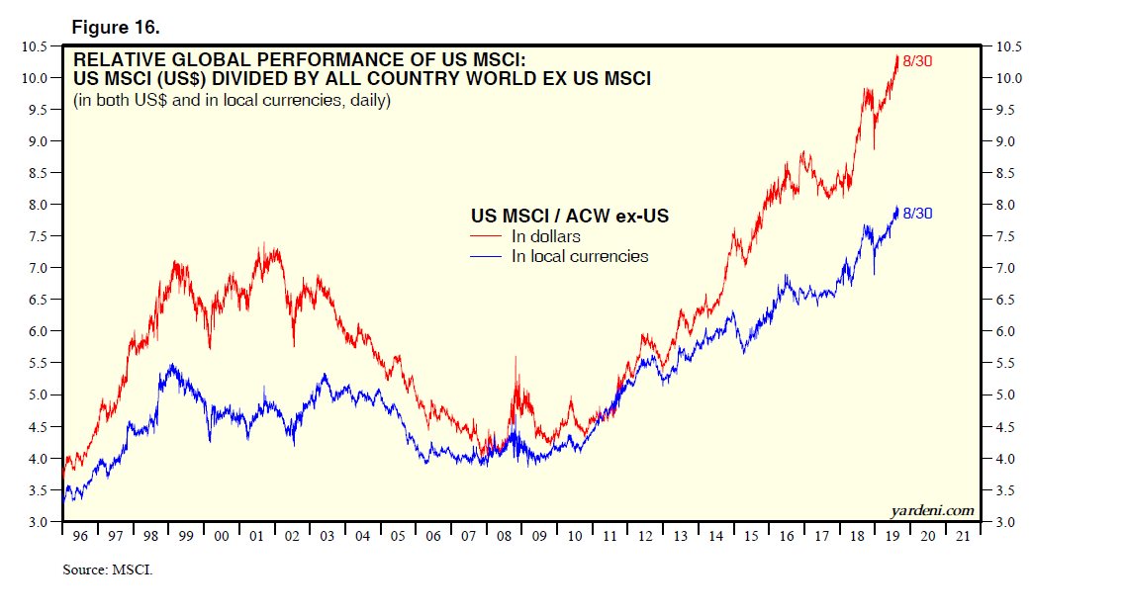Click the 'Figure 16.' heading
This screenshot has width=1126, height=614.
[113, 27]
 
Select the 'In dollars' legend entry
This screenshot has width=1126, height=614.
[546, 236]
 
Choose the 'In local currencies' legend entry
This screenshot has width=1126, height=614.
[580, 256]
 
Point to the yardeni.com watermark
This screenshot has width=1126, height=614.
[932, 510]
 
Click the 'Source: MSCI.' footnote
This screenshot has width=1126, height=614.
[107, 570]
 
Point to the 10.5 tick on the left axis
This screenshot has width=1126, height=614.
[34, 46]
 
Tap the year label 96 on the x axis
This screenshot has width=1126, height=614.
[80, 537]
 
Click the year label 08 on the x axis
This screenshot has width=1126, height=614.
[504, 537]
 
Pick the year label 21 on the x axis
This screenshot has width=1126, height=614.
[963, 537]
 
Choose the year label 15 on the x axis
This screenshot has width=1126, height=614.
[751, 537]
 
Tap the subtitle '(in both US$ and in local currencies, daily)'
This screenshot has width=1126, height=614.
[232, 101]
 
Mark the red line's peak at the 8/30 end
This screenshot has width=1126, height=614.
[896, 57]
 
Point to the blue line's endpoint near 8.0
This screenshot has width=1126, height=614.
[896, 208]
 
